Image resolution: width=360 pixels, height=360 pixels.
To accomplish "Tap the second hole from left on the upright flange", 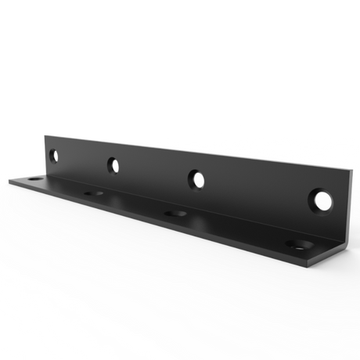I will pos(113,165).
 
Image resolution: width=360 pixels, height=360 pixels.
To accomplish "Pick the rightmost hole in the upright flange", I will pos(319,200).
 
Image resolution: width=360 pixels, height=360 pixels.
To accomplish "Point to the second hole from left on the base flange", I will pos(94,193).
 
